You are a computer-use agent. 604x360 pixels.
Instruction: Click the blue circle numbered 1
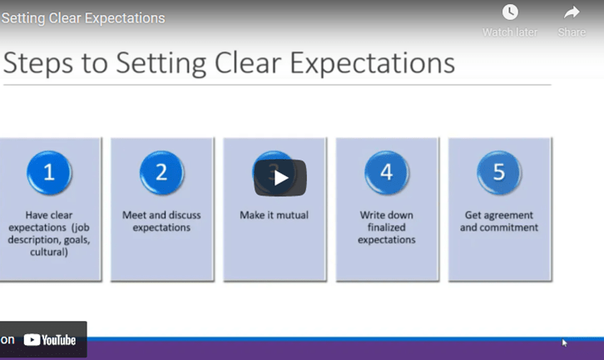tap(49, 172)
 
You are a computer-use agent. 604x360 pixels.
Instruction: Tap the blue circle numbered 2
tap(161, 172)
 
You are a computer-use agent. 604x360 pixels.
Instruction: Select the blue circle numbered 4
tap(386, 172)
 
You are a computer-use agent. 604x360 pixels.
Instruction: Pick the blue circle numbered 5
tap(498, 172)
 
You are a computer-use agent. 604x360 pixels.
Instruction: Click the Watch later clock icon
tap(510, 12)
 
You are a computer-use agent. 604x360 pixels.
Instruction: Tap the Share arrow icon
tap(572, 12)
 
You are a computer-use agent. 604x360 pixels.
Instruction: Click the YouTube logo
tap(50, 340)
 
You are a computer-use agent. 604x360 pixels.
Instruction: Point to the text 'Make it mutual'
tap(274, 215)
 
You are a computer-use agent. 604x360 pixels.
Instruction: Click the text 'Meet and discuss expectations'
tap(161, 221)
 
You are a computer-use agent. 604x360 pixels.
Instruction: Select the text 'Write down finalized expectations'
tap(386, 227)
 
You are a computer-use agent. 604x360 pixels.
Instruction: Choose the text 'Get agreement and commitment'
tap(498, 221)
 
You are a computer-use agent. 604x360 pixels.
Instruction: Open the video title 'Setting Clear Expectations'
tap(83, 18)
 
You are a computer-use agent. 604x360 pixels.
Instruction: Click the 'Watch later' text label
tap(510, 32)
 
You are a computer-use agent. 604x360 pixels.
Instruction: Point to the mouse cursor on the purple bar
tap(564, 341)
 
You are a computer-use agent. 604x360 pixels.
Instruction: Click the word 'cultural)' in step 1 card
tap(50, 252)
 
